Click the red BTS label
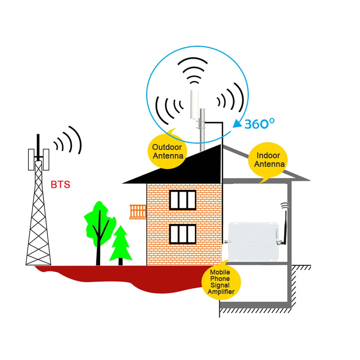pyautogui.click(x=60, y=185)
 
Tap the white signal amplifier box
pyautogui.click(x=254, y=241)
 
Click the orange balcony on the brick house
pyautogui.click(x=138, y=211)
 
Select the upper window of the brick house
pyautogui.click(x=183, y=200)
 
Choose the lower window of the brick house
pyautogui.click(x=183, y=238)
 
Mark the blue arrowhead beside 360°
pyautogui.click(x=237, y=123)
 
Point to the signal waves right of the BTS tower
pyautogui.click(x=68, y=140)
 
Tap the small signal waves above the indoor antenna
pyautogui.click(x=285, y=205)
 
